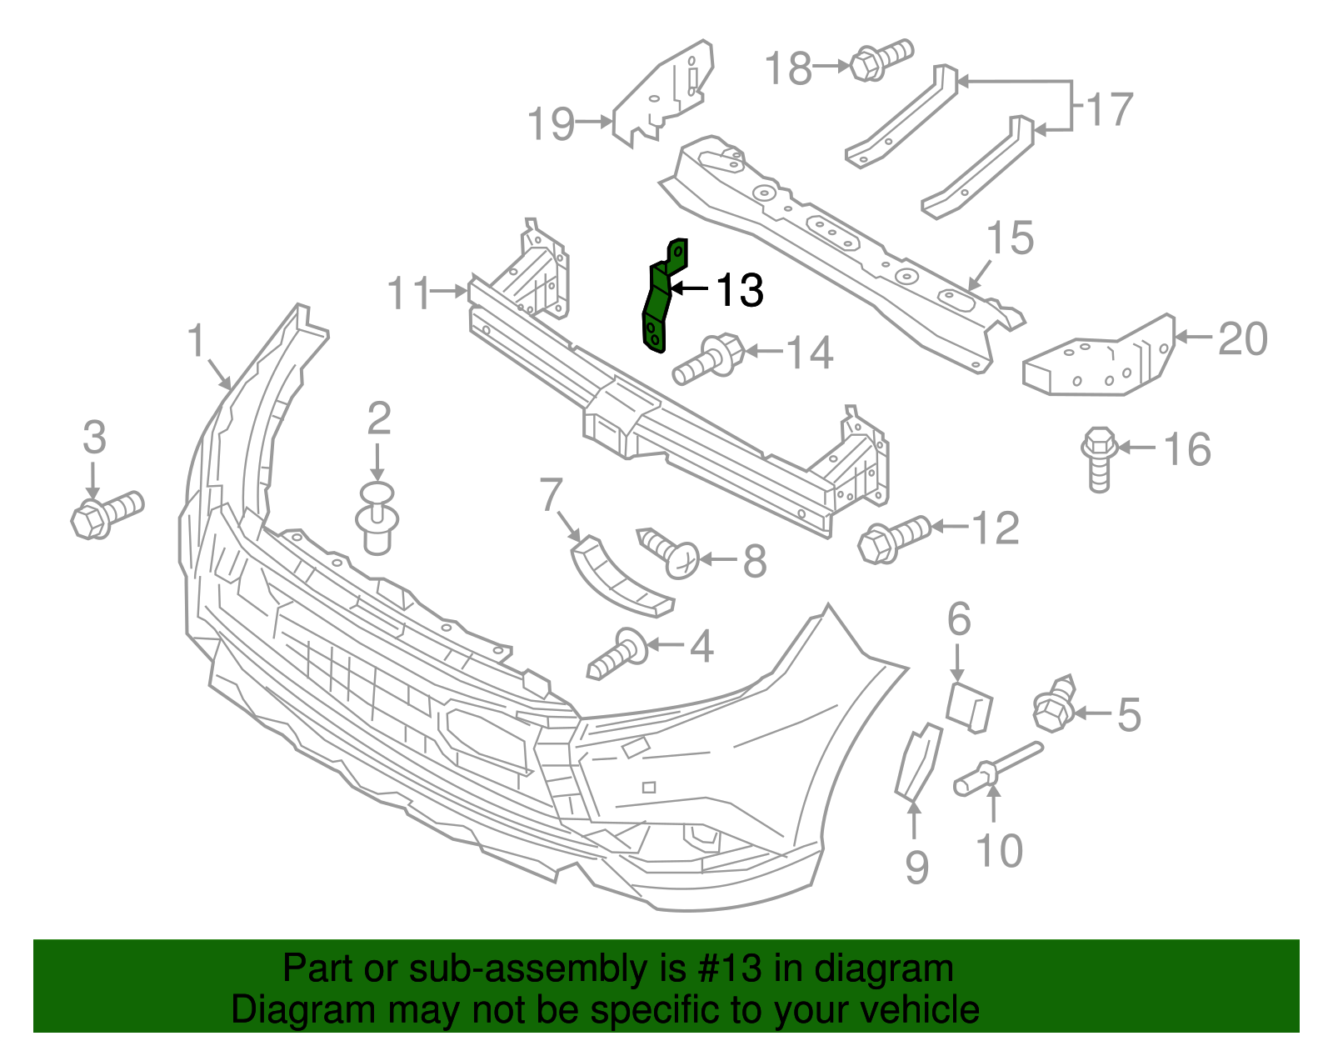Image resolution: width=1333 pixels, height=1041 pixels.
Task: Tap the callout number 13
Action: [x=739, y=290]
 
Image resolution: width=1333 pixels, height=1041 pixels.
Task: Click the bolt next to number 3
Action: [x=107, y=513]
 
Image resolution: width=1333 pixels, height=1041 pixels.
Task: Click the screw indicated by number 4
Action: [x=618, y=654]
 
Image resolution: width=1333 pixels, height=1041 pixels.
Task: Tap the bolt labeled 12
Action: [x=893, y=538]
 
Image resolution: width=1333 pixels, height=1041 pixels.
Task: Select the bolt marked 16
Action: [x=1099, y=458]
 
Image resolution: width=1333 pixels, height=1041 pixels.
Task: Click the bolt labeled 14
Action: [x=709, y=360]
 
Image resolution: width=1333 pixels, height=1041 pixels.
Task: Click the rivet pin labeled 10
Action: [x=996, y=768]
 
